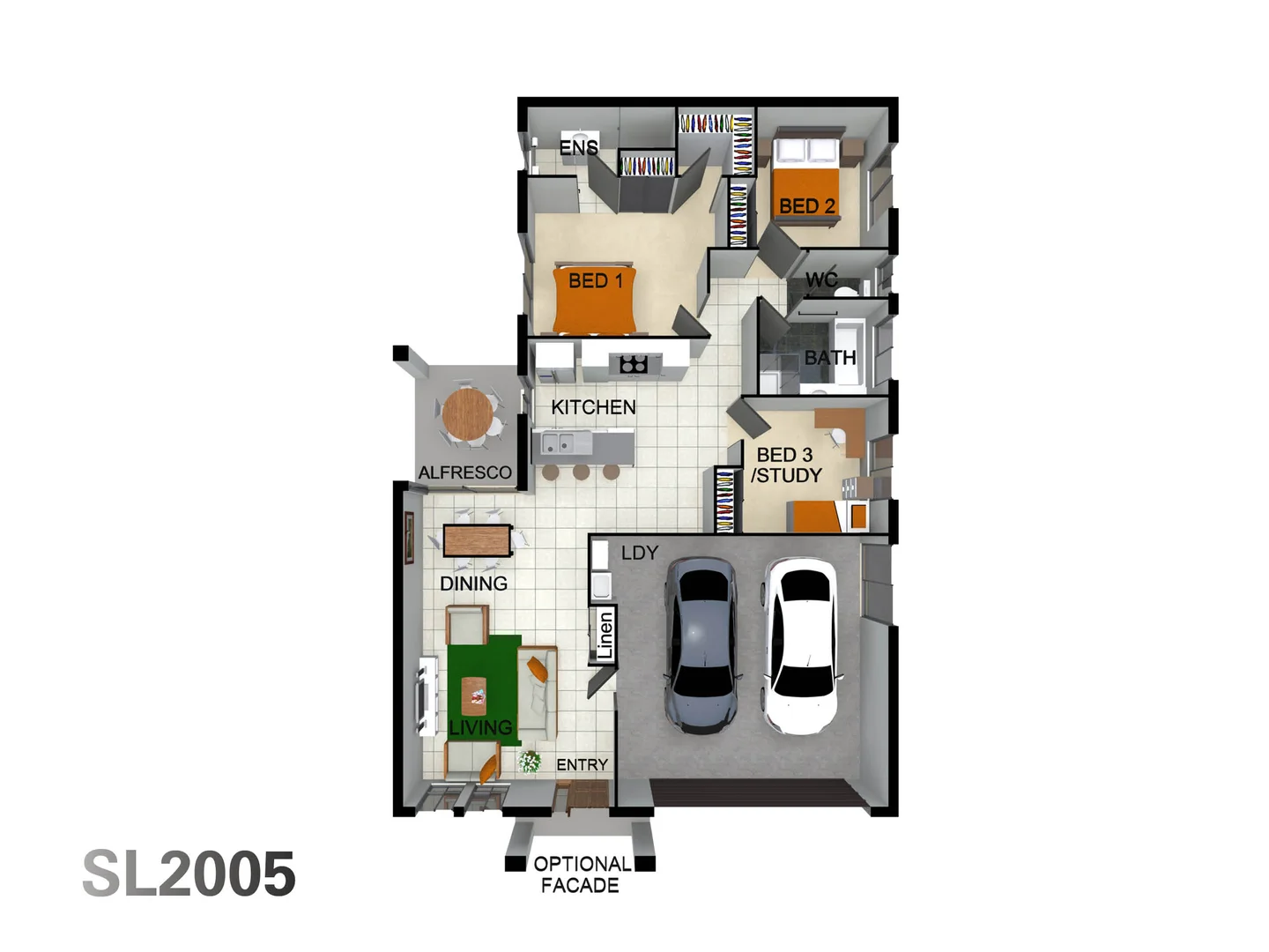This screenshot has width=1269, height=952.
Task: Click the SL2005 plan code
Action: [x=189, y=874]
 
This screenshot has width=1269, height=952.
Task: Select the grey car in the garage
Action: [x=701, y=645]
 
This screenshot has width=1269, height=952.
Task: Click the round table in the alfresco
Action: [x=468, y=414]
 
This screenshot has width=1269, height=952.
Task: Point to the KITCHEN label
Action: [x=593, y=407]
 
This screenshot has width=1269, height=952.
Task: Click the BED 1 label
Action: [x=596, y=281]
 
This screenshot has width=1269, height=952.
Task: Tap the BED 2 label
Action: [x=806, y=206]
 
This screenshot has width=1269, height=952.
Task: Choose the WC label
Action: [x=820, y=280]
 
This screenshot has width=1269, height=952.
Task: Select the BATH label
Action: [x=829, y=358]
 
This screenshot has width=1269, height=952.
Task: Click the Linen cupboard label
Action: [x=605, y=635]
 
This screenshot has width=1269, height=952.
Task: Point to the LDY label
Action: [x=640, y=553]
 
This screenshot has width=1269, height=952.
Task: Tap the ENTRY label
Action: [x=582, y=764]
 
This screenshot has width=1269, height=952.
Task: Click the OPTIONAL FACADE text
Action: [x=582, y=874]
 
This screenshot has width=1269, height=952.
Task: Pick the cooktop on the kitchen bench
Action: [x=634, y=363]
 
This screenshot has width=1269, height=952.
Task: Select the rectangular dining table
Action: [x=477, y=540]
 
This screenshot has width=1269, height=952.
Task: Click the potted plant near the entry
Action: [x=530, y=761]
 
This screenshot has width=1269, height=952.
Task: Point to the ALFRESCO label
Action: [x=464, y=472]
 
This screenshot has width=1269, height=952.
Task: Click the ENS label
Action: [x=578, y=148]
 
